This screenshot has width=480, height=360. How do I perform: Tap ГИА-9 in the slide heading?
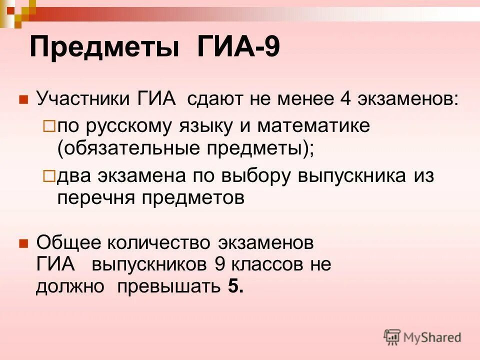pyautogui.click(x=237, y=47)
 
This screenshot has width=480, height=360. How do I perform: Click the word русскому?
pyautogui.click(x=128, y=126)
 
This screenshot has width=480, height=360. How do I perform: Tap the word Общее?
pyautogui.click(x=67, y=243)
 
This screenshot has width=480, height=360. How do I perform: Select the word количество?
pyautogui.click(x=158, y=243)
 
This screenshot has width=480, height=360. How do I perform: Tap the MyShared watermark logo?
pyautogui.click(x=422, y=337)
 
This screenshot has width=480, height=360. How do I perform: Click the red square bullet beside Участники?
pyautogui.click(x=22, y=98)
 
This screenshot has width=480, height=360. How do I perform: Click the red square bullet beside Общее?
pyautogui.click(x=22, y=244)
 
